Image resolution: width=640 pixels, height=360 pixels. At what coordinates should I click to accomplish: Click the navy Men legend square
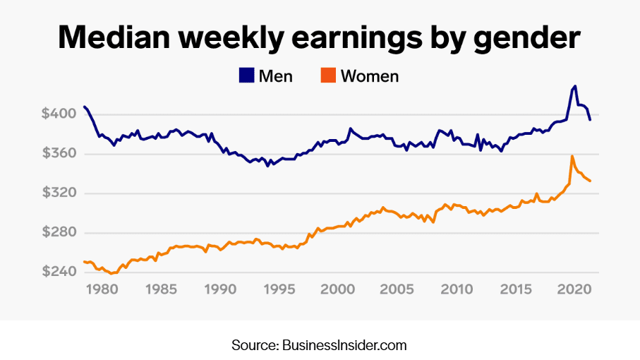tap(246, 76)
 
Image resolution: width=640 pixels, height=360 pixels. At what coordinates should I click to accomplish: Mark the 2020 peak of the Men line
tap(575, 86)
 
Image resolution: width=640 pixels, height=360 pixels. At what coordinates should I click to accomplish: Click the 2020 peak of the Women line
tap(572, 156)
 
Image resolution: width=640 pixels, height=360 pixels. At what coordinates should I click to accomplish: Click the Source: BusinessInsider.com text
tap(319, 345)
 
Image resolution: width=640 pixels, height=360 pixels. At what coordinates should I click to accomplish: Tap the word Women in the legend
tap(370, 76)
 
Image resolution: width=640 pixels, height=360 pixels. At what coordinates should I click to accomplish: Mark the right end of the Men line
tap(590, 120)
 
